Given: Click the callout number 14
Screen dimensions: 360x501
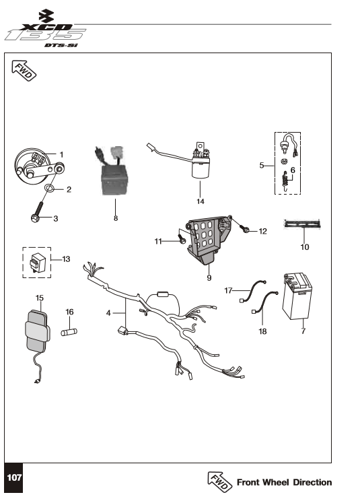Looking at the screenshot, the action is [x=200, y=201].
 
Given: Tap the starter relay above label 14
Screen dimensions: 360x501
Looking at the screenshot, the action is [x=201, y=161].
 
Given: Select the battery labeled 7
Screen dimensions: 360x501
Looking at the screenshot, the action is [x=297, y=296].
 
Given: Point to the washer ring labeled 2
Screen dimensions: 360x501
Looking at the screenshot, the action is [x=50, y=188].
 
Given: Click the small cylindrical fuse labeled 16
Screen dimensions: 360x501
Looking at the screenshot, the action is [x=69, y=332].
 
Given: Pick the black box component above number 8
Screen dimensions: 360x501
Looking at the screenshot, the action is [x=114, y=179].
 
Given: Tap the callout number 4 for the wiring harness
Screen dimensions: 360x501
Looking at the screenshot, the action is [x=108, y=313].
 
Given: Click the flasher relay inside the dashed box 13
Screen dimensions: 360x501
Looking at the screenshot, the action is [x=37, y=263].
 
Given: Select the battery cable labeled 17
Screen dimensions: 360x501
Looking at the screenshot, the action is [x=253, y=290].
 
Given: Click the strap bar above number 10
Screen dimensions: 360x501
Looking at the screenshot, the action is [x=302, y=224].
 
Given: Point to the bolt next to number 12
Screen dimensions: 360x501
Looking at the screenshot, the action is [x=246, y=228].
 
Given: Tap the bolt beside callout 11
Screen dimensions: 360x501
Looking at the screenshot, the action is [x=181, y=239].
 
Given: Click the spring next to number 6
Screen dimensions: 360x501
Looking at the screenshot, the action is [x=286, y=181].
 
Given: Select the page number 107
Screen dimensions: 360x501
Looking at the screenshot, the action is [x=14, y=477].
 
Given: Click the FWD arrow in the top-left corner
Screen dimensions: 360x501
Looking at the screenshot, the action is [x=24, y=71].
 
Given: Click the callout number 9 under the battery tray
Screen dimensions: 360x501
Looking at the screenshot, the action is [x=209, y=277].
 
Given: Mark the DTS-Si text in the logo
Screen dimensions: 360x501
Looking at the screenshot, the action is [x=61, y=45].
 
